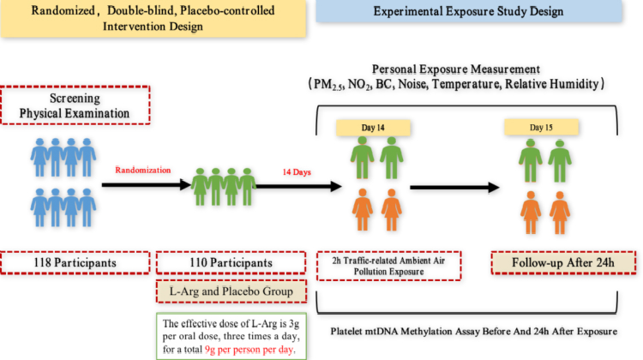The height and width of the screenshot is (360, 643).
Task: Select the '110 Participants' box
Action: (x=230, y=261)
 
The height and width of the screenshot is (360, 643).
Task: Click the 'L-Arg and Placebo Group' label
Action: (x=230, y=291)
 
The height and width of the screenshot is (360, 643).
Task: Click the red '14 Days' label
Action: (x=298, y=171)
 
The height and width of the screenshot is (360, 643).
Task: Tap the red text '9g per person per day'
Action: (x=258, y=349)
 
